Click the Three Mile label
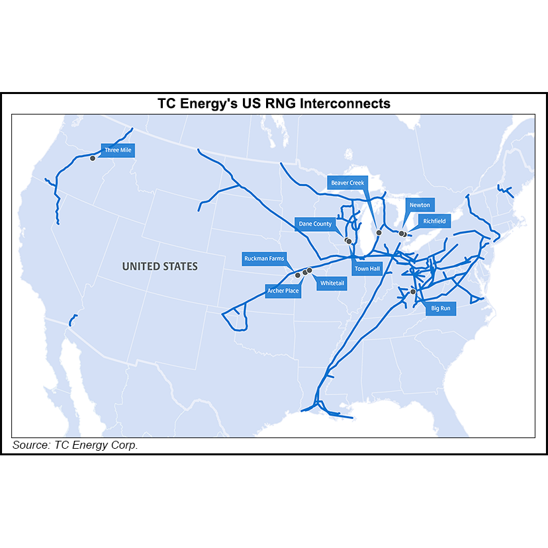tap(118, 150)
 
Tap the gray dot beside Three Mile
tap(93, 158)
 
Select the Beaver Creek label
tap(347, 183)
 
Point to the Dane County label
tap(315, 224)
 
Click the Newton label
tap(420, 205)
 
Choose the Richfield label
tap(434, 221)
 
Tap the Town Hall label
tap(367, 269)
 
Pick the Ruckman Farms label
tap(264, 259)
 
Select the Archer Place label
tap(283, 291)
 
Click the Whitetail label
tap(332, 283)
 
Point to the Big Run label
tap(440, 308)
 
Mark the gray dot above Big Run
tap(413, 291)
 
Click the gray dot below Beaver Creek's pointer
tap(379, 232)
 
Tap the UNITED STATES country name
tap(160, 266)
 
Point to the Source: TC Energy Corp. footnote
tap(75, 445)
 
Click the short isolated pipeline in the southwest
tap(71, 320)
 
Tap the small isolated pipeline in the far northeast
tap(506, 191)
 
